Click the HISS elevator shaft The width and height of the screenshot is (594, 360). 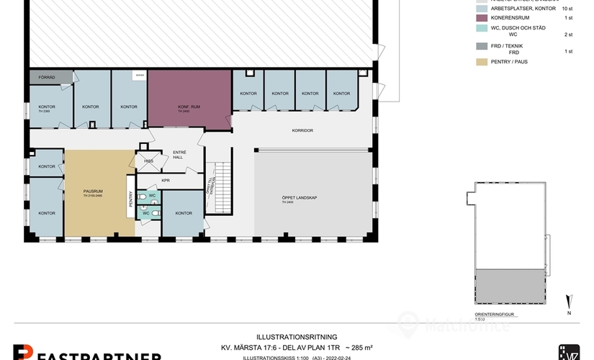coord(148,161)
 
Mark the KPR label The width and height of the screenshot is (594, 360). coord(165,181)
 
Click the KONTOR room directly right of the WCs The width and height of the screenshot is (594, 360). coord(184,213)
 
